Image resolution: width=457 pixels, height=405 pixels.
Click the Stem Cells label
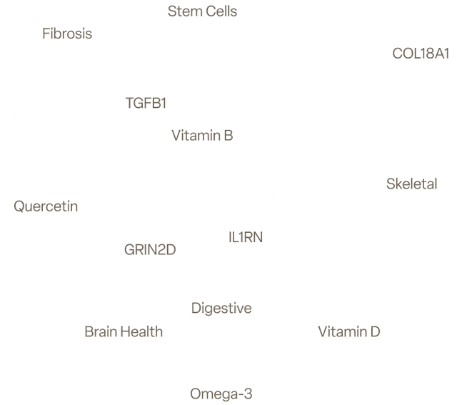coord(203,11)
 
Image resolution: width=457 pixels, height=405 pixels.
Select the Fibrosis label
coord(66,34)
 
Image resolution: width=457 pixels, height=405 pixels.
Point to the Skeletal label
coord(411,184)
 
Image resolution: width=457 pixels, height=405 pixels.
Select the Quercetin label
coord(45,207)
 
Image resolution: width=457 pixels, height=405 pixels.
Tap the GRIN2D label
coord(150,249)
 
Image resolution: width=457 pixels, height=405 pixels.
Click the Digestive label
coord(221,309)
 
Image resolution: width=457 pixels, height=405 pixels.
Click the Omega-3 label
coord(221,393)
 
